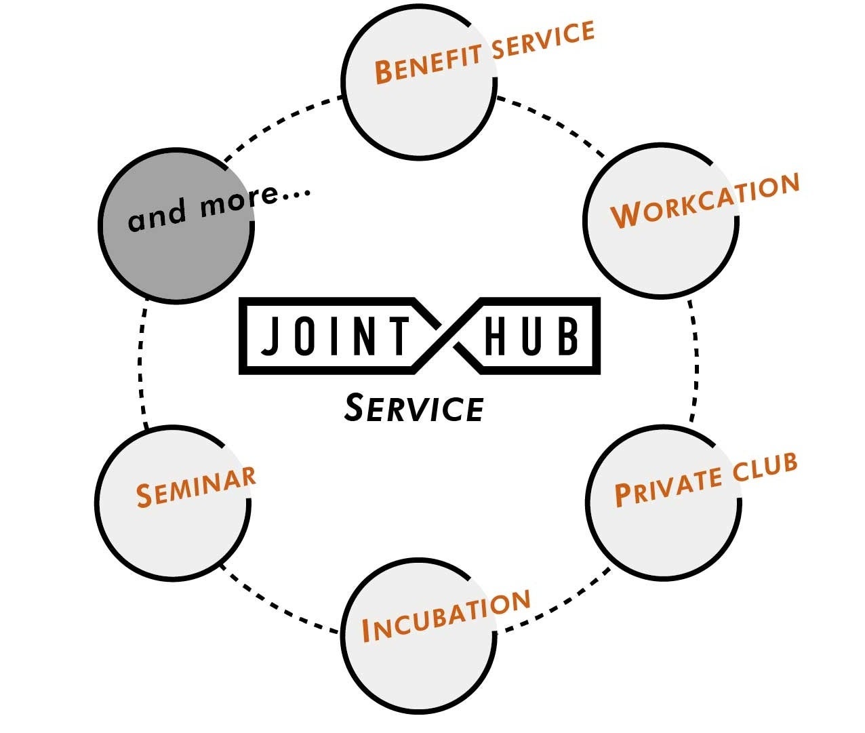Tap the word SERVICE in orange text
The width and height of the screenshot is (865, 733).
click(544, 39)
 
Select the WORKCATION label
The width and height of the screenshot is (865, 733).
click(705, 201)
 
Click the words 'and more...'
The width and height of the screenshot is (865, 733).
click(218, 206)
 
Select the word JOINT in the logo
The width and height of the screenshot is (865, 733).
click(335, 336)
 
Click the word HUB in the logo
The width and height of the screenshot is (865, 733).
click(531, 336)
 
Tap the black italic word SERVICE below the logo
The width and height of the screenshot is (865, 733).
click(414, 408)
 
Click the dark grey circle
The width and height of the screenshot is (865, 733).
click(176, 251)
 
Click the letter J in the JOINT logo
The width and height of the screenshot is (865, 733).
click(270, 336)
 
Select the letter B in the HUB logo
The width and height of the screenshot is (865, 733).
click(568, 336)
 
